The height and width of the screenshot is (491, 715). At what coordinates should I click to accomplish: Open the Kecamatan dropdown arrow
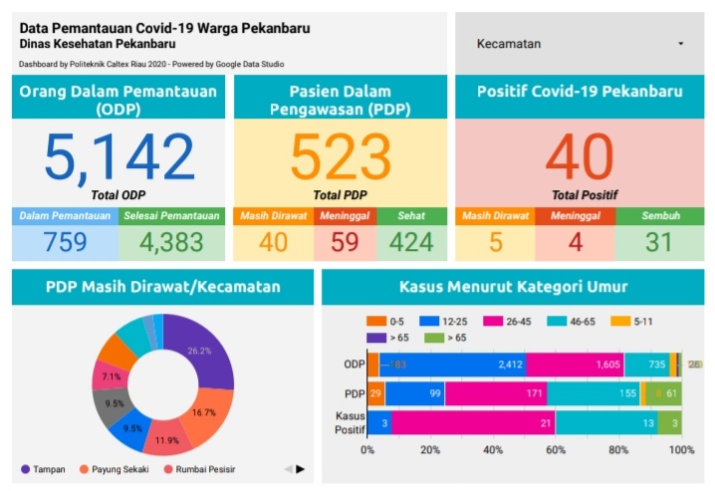[680, 45]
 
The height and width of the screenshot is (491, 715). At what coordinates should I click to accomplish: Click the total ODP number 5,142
[119, 157]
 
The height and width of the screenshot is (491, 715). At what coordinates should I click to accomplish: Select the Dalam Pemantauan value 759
[65, 241]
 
